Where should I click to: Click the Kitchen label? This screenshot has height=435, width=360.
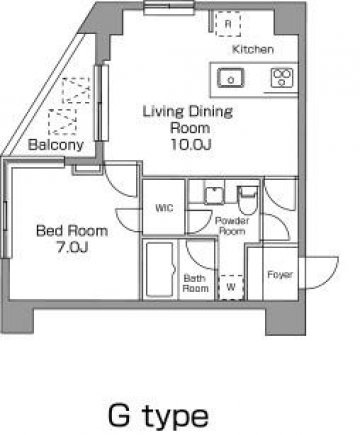tap(253, 50)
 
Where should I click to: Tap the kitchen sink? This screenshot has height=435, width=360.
tap(230, 78)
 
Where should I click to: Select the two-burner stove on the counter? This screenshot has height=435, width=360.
tap(282, 78)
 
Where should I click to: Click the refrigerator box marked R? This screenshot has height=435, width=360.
tap(228, 24)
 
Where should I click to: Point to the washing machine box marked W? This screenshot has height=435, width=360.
tap(231, 287)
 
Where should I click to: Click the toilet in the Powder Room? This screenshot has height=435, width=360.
tap(247, 199)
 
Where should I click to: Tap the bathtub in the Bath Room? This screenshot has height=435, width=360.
tap(160, 270)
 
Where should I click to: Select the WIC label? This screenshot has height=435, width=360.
tap(164, 208)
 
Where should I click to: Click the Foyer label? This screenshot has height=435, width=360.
tap(280, 275)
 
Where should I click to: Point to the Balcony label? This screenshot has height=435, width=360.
tap(56, 145)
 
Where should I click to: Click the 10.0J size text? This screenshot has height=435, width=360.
tap(191, 145)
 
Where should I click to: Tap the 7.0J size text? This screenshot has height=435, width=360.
tap(72, 247)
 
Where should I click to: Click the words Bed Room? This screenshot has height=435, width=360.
tap(72, 231)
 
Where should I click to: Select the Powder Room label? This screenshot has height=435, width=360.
tap(232, 226)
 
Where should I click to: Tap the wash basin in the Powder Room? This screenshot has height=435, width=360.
tap(213, 195)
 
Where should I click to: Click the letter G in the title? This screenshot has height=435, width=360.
tap(119, 415)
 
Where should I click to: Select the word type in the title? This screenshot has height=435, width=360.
tap(176, 417)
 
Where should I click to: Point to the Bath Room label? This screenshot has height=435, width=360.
tap(195, 283)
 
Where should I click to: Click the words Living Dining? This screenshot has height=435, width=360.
tap(188, 112)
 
